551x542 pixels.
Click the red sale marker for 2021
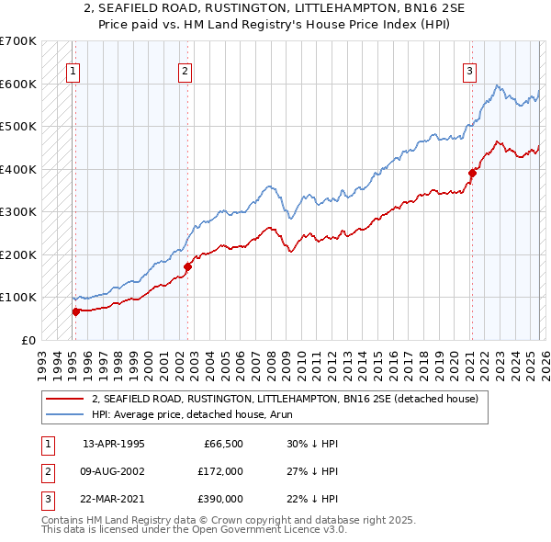coord(472,173)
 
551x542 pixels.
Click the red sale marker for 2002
coord(187,266)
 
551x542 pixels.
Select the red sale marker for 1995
coord(75,311)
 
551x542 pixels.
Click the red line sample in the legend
coord(64,400)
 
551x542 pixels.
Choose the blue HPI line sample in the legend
coord(64,415)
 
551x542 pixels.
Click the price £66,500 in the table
coord(222,444)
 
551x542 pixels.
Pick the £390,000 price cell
coord(222,499)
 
